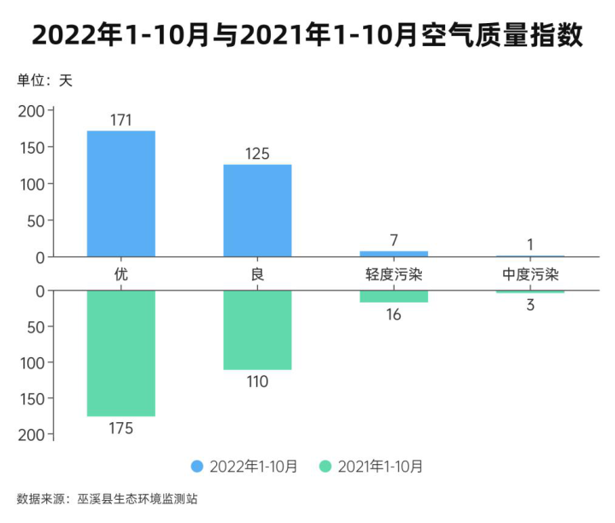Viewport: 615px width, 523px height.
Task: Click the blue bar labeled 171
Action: [x=121, y=193]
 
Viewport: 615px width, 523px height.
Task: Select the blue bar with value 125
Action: [x=257, y=210]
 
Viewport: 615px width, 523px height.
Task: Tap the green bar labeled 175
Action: [x=121, y=353]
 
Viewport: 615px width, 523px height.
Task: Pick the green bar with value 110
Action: [x=257, y=330]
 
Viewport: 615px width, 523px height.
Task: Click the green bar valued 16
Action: [x=394, y=297]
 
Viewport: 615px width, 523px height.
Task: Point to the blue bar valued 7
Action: [x=394, y=254]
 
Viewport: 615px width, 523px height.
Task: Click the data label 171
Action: [x=121, y=120]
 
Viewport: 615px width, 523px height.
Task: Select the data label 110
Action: [x=257, y=382]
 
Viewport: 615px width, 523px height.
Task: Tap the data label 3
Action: [x=530, y=305]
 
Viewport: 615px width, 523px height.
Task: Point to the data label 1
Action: [x=530, y=244]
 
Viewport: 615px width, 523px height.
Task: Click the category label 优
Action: [x=121, y=274]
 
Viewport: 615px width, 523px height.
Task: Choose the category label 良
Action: [x=257, y=274]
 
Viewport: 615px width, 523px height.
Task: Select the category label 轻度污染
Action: [x=394, y=274]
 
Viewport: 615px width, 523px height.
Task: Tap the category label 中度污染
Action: [x=530, y=274]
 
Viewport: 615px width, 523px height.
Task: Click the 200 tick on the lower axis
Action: [x=30, y=435]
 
